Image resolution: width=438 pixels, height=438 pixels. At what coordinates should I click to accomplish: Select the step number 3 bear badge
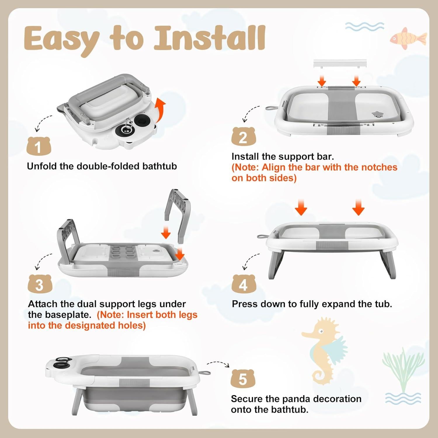pos(40,284)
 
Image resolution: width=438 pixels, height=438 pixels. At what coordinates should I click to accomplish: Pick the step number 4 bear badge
pos(244,284)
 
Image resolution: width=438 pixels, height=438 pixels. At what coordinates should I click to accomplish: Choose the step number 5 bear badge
pos(243,378)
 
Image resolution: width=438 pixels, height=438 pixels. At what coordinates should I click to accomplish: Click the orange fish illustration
pos(408,39)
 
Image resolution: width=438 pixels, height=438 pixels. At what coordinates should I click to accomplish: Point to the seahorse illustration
pos(324,350)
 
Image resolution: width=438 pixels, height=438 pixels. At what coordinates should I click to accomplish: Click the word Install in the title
pos(210,38)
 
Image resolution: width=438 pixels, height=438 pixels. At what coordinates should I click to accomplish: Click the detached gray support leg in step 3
pos(178,215)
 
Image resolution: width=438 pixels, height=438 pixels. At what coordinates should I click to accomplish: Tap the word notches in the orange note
pos(379,167)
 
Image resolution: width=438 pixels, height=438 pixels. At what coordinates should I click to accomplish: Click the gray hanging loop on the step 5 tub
pos(206,373)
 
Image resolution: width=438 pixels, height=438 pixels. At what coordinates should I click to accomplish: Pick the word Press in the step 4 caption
pos(245,304)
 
